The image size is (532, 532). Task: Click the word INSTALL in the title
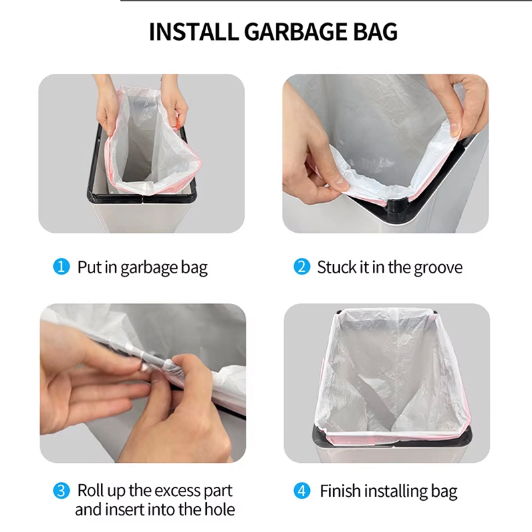(194, 31)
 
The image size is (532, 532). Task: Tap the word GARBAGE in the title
(295, 31)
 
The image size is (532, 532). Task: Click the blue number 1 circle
(61, 267)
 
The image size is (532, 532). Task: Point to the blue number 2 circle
(302, 267)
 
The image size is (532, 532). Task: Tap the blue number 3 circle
(61, 491)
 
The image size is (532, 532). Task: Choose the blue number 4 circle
(302, 491)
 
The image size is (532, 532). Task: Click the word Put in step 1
(89, 267)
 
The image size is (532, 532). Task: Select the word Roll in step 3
(90, 490)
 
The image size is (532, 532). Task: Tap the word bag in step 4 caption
(444, 492)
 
